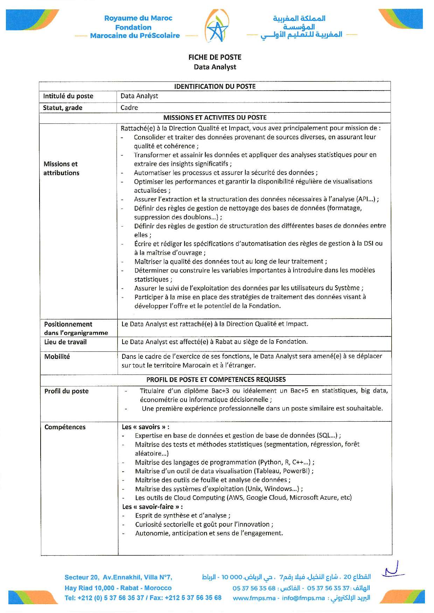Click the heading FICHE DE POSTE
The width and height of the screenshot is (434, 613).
pyautogui.click(x=215, y=57)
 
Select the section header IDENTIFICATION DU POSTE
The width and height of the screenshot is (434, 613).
pyautogui.click(x=215, y=86)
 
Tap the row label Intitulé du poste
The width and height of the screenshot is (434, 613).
pyautogui.click(x=68, y=96)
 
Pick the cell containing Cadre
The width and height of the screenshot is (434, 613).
pyautogui.click(x=129, y=108)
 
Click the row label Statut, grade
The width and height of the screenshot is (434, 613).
pyautogui.click(x=63, y=108)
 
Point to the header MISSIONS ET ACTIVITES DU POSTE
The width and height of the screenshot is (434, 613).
pyautogui.click(x=215, y=117)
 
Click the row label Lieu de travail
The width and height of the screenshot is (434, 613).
pyautogui.click(x=65, y=342)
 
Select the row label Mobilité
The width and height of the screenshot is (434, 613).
pyautogui.click(x=57, y=357)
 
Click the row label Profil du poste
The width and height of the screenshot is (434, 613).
pyautogui.click(x=66, y=391)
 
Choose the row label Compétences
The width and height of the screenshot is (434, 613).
pyautogui.click(x=65, y=427)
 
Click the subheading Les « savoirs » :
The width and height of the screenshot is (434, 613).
pyautogui.click(x=146, y=427)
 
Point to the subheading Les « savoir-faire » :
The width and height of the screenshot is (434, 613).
pyautogui.click(x=152, y=507)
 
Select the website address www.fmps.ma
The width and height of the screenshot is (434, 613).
pyautogui.click(x=254, y=598)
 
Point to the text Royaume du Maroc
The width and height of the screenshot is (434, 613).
pyautogui.click(x=138, y=18)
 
